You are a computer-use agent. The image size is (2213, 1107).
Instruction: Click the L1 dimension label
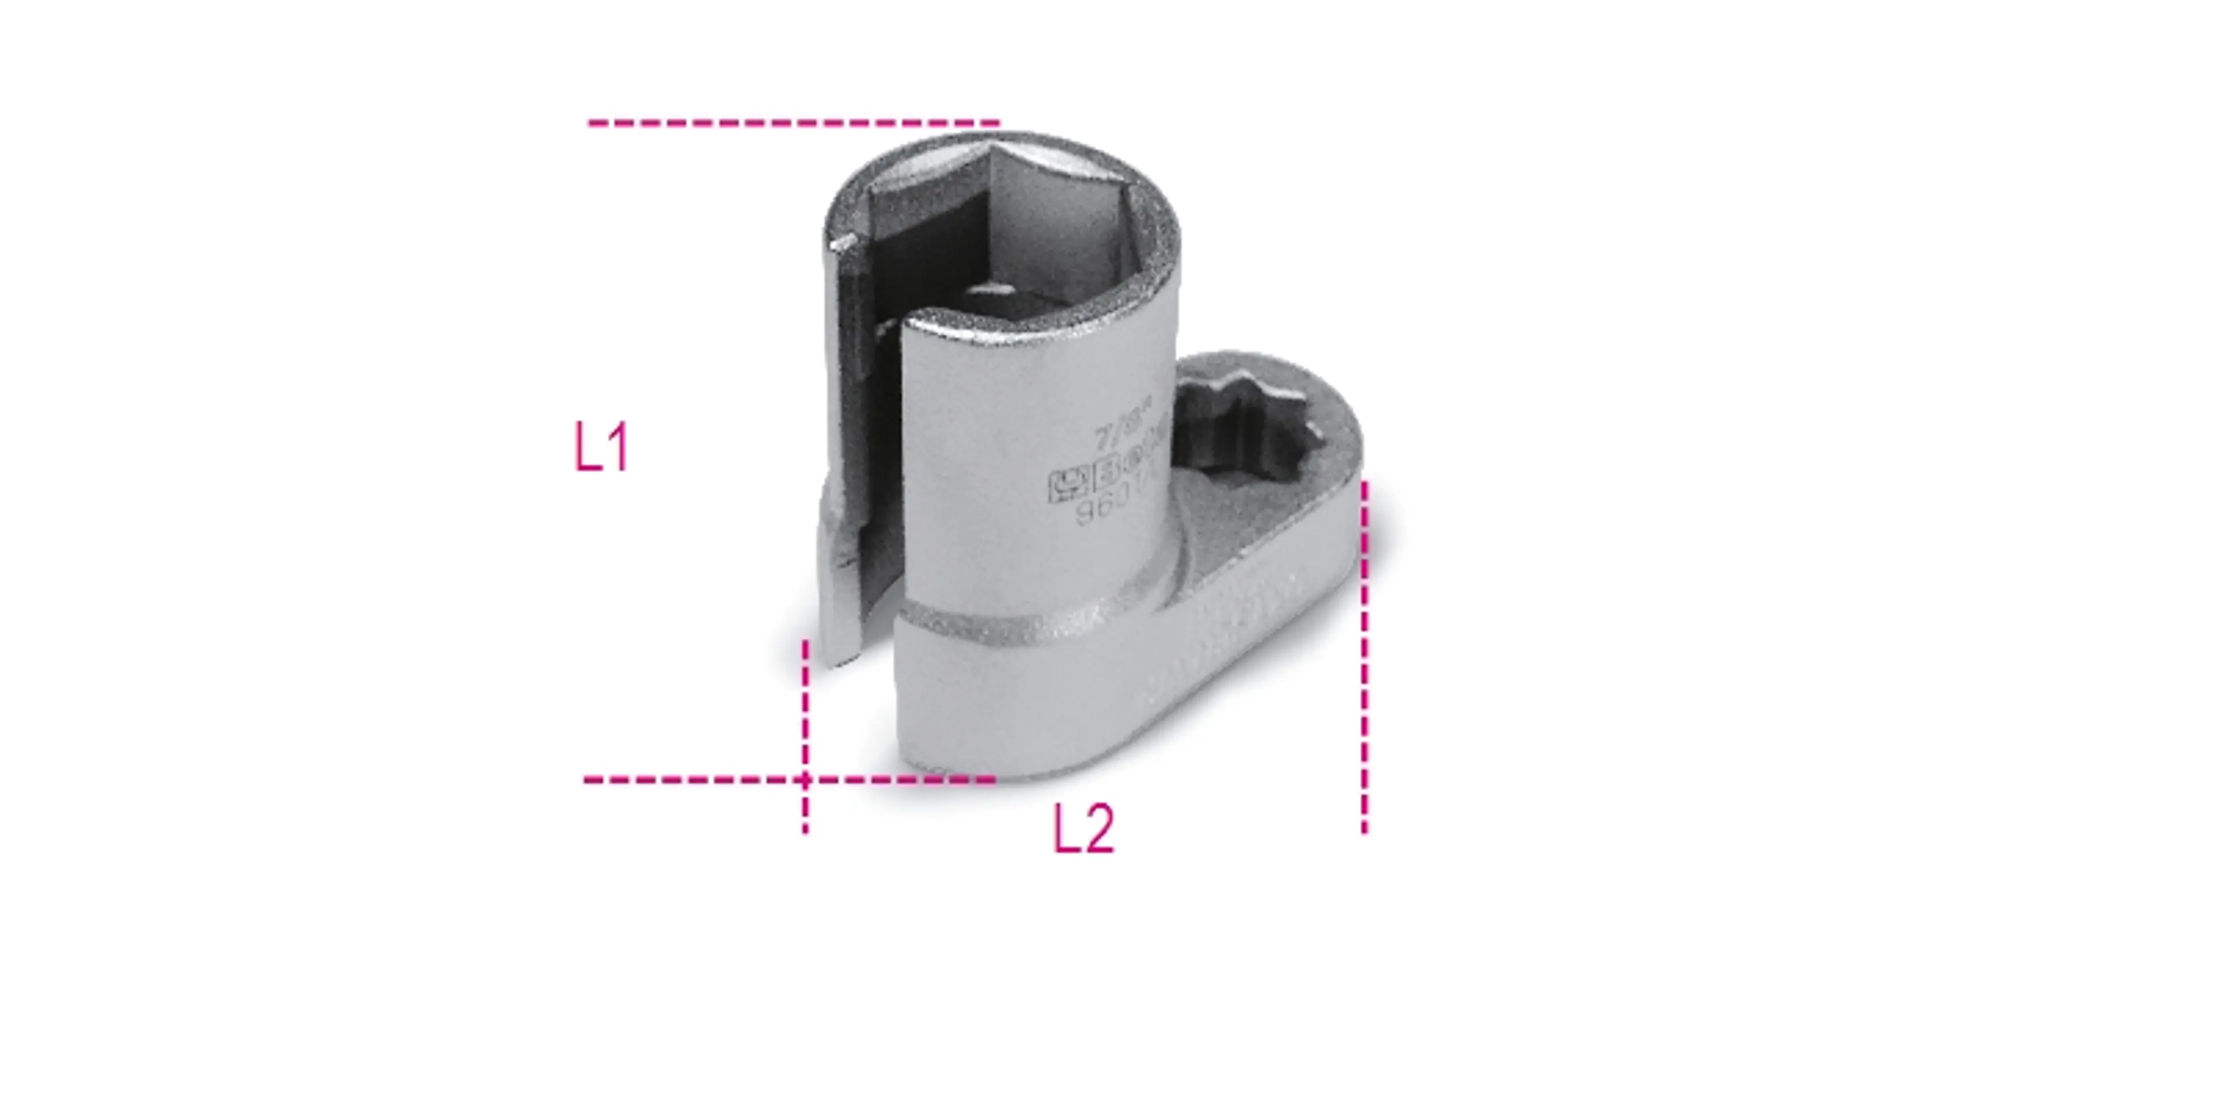point(601,447)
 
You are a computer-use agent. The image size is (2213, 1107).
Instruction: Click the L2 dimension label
point(1084,830)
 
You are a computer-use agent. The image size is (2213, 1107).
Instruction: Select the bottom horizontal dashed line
point(688,780)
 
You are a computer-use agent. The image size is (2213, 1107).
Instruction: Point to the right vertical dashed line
point(1364,653)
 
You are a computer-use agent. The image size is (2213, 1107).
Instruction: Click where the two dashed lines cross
point(805,780)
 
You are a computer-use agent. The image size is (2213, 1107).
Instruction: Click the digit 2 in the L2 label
point(1097,830)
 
